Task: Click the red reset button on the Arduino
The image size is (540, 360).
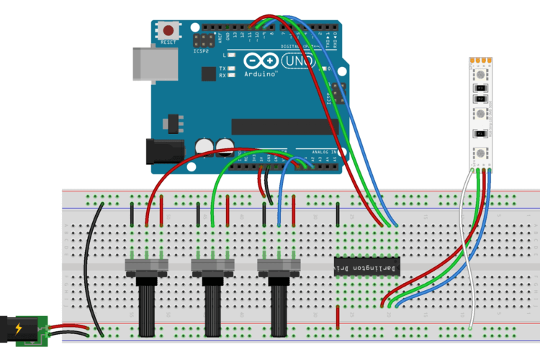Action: (x=168, y=31)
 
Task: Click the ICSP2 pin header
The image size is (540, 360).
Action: (x=202, y=40)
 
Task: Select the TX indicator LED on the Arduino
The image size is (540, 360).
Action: (x=232, y=68)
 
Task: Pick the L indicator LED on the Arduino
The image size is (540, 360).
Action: (x=232, y=55)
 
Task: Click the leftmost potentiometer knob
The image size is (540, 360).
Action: (x=147, y=306)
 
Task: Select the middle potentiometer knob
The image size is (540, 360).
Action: (x=213, y=306)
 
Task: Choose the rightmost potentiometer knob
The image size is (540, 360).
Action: (x=279, y=306)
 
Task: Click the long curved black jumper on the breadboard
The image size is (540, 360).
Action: (x=89, y=266)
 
